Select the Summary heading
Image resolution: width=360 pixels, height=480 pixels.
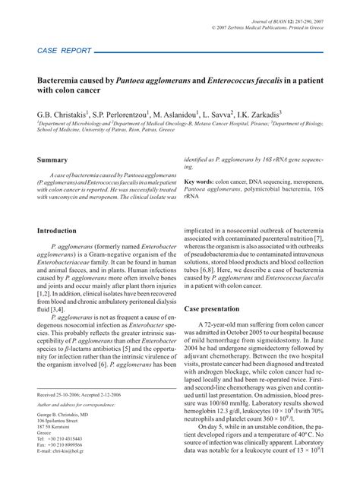pos(53,160)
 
